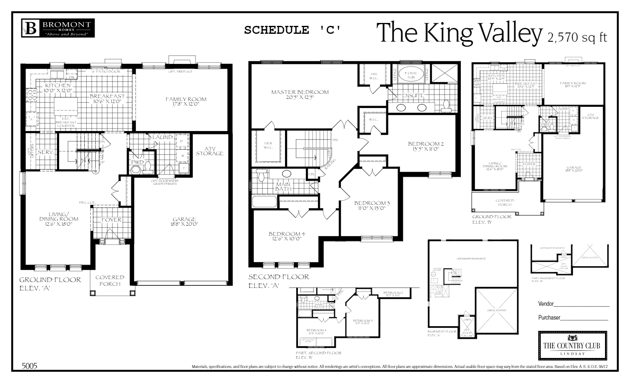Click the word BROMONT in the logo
tap(66, 25)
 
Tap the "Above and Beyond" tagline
tap(66, 34)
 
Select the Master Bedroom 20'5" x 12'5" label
tap(300, 95)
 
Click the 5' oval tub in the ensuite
tap(411, 75)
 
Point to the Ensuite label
tap(412, 96)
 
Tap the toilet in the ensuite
tap(446, 106)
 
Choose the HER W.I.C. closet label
tap(268, 146)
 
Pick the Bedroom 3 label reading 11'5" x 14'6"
tap(363, 323)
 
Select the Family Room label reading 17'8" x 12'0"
tap(182, 101)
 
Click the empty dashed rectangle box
tap(572, 345)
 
